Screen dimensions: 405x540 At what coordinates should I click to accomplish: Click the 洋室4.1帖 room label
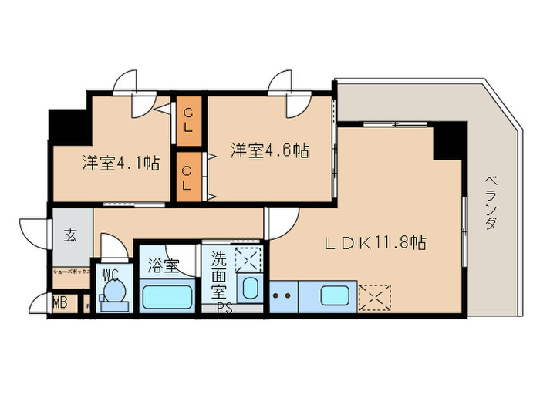121,164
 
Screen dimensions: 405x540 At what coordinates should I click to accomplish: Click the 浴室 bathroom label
164,266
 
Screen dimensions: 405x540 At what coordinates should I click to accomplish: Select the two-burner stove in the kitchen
283,295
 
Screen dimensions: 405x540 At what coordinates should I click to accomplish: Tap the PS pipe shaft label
224,309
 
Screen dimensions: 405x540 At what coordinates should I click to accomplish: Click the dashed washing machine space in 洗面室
248,258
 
